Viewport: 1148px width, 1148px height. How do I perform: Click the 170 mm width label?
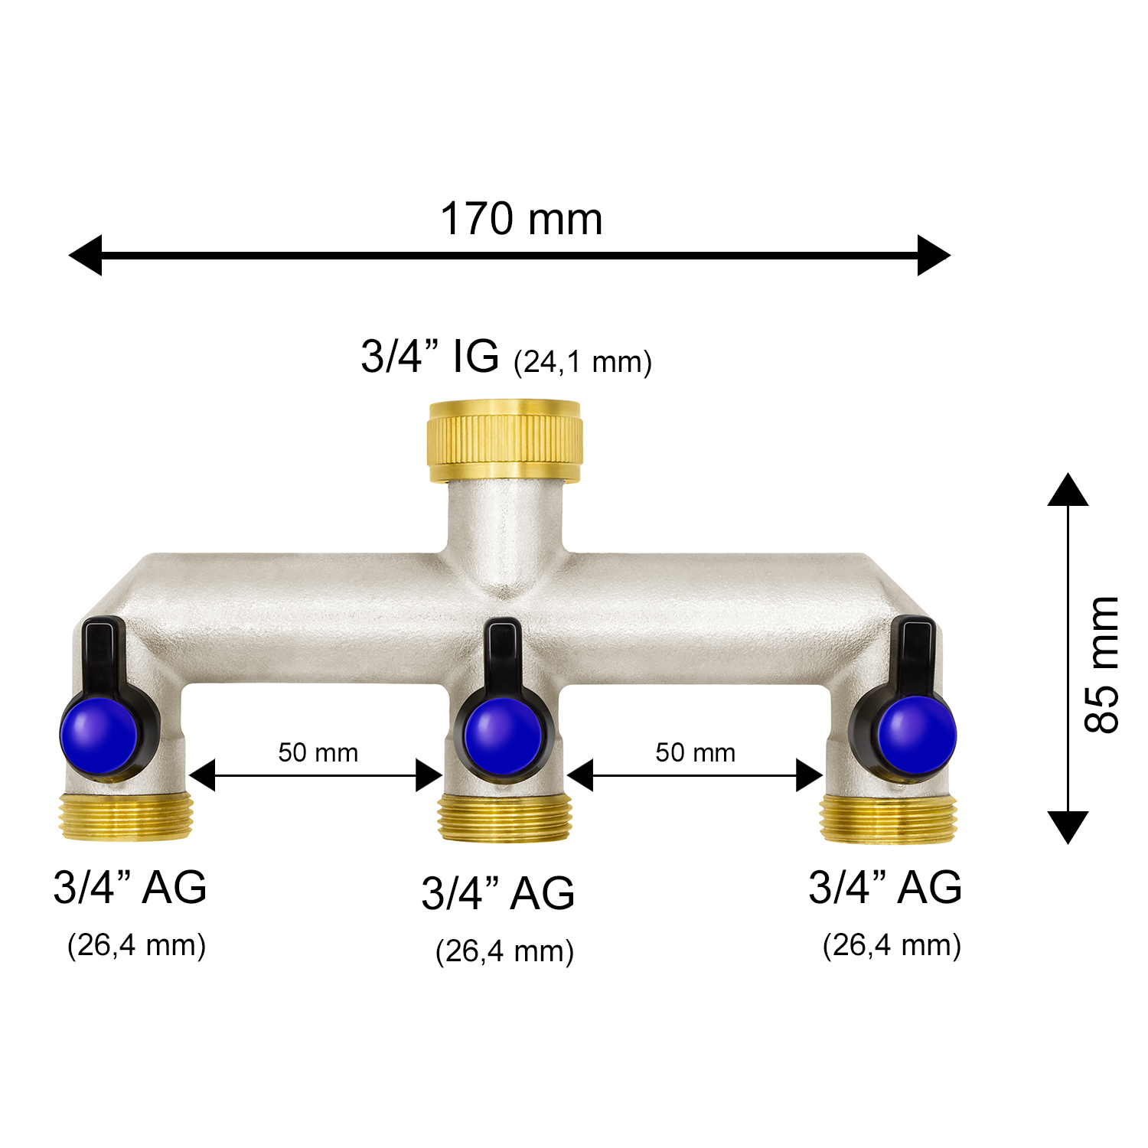point(521,220)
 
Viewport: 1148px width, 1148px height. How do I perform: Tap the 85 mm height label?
point(1102,664)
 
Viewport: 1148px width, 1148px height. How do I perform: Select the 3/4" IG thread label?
point(429,356)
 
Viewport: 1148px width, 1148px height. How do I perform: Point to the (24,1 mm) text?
point(582,362)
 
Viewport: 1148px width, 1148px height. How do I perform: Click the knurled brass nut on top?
point(505,441)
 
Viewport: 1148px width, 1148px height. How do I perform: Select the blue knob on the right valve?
point(917,734)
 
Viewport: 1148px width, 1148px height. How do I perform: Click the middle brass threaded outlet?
point(504,818)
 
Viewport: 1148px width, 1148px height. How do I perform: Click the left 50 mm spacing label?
point(318,753)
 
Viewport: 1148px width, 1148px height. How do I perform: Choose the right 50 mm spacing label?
point(695,753)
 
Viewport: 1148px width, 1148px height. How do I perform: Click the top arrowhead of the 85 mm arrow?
point(1068,491)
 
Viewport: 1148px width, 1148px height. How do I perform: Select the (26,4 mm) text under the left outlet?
point(136,945)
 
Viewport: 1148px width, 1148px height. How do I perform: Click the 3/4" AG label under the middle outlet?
point(497,893)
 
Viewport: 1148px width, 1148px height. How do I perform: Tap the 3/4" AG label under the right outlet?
point(885,888)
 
